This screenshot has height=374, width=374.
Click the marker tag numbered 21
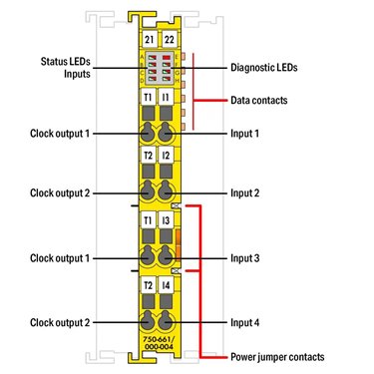[x=150, y=40]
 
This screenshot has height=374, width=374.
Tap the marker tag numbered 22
[x=170, y=40]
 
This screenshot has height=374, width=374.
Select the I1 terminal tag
[x=166, y=97]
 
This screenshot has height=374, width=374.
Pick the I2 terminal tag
[x=166, y=156]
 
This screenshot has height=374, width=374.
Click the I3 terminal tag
[x=166, y=220]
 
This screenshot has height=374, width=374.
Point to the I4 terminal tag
[x=166, y=285]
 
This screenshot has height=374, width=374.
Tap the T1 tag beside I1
[x=148, y=97]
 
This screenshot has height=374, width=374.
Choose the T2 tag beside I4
[x=148, y=285]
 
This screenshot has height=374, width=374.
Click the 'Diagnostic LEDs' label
[x=264, y=68]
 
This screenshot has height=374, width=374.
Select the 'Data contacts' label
[x=259, y=100]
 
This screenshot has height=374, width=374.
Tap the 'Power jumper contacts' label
[x=277, y=357]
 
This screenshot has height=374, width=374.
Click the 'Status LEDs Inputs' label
[x=66, y=68]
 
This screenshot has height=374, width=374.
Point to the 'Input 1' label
[x=244, y=134]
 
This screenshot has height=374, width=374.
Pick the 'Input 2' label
[x=245, y=192]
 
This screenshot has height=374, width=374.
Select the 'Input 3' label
[x=245, y=258]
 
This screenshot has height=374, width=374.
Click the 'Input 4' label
[x=245, y=322]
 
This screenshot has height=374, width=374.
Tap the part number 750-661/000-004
[x=159, y=343]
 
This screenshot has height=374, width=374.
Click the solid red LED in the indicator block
[x=167, y=57]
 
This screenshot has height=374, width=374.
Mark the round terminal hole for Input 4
[x=165, y=321]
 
